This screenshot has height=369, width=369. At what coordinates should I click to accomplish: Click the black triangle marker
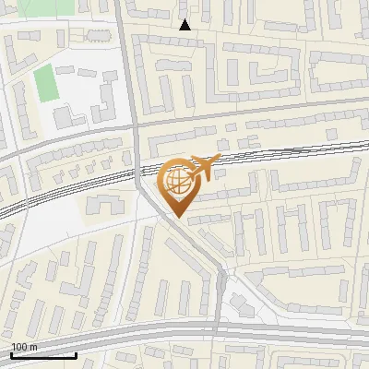pyautogui.click(x=184, y=24)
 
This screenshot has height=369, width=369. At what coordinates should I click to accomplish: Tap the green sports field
pyautogui.click(x=45, y=84)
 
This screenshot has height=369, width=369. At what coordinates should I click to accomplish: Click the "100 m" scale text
pyautogui.click(x=24, y=346)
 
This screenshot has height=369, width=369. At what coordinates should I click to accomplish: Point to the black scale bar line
pyautogui.click(x=43, y=354)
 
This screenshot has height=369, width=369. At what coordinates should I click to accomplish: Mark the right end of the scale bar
pyautogui.click(x=76, y=354)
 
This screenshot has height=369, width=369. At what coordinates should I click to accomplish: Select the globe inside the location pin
pyautogui.click(x=176, y=181)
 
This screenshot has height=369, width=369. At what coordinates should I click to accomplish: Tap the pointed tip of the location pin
pyautogui.click(x=177, y=217)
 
